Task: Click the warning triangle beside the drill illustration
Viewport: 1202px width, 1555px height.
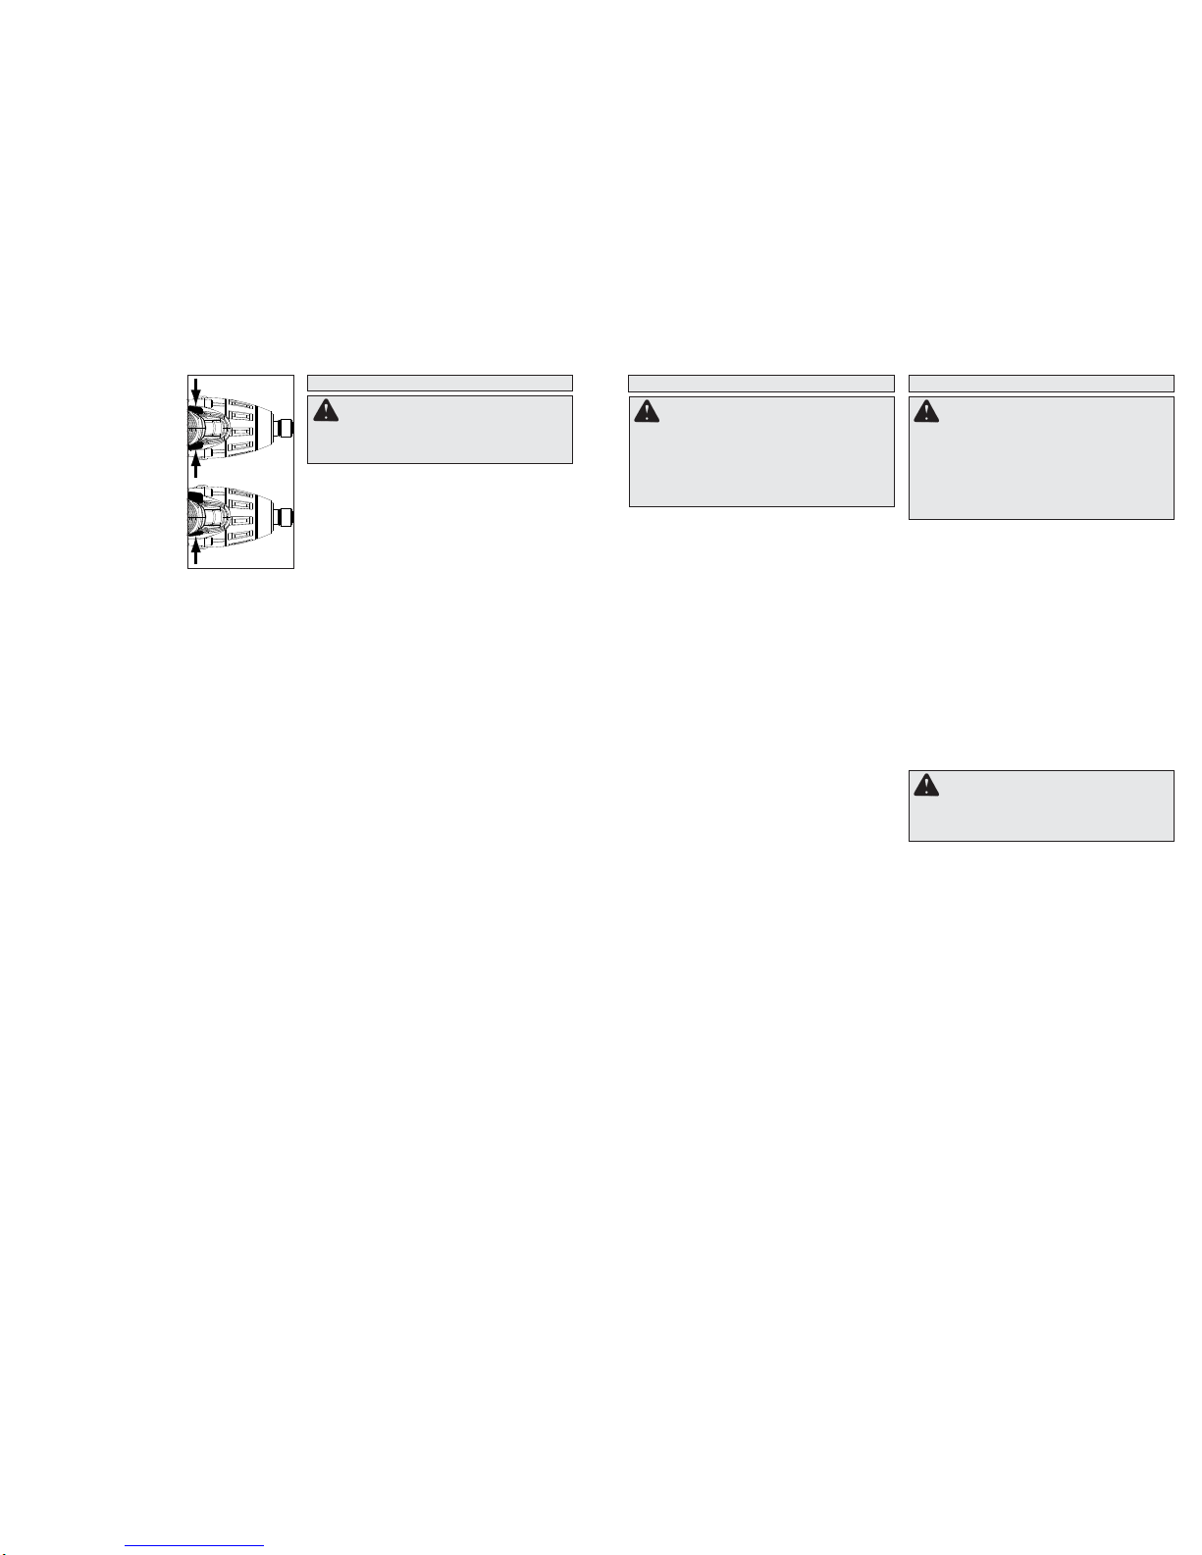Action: tap(325, 411)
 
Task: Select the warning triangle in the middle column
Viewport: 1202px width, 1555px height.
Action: tap(647, 411)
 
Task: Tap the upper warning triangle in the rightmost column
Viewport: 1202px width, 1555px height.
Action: tap(926, 411)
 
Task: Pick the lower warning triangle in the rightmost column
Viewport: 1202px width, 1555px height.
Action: tap(926, 785)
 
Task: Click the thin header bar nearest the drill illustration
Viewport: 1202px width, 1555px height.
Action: tap(440, 383)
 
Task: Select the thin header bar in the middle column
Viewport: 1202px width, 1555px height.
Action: tap(760, 383)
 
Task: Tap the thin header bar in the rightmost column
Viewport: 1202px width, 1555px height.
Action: tap(1041, 383)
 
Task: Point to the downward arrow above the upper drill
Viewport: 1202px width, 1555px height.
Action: tap(195, 389)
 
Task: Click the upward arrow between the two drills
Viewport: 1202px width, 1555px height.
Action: tap(196, 465)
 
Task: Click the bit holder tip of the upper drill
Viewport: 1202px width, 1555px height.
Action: tap(287, 428)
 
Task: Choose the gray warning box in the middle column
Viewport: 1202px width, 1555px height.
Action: tap(760, 451)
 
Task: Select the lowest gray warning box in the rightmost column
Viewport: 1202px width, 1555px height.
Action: tap(1041, 805)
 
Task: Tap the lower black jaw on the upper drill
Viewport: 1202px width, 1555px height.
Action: tap(195, 449)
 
